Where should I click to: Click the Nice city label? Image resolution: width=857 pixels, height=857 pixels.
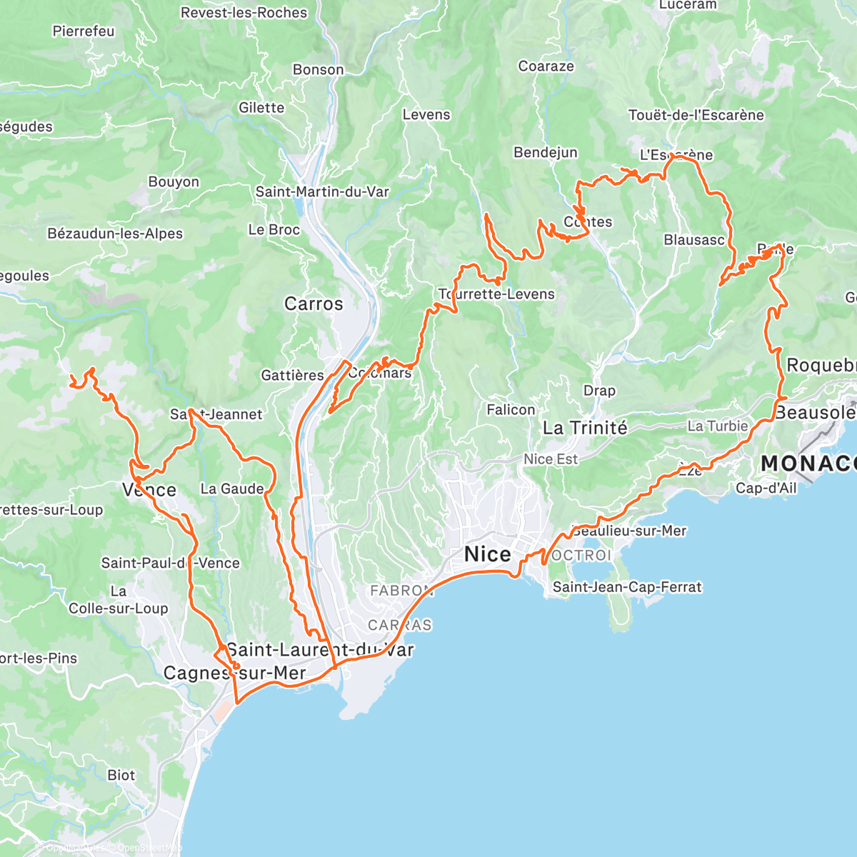pos(487,554)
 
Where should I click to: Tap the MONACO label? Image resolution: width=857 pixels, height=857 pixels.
pos(808,463)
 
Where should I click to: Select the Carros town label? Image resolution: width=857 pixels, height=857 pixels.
pos(314,304)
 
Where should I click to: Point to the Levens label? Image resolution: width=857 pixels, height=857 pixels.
pos(426,115)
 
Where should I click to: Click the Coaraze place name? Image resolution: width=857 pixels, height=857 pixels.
pos(546,66)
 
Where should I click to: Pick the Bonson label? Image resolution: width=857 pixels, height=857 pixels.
pos(318,70)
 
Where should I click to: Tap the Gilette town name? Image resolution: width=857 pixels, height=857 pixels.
pos(261,108)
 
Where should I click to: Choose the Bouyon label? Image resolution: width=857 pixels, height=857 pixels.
pos(174,182)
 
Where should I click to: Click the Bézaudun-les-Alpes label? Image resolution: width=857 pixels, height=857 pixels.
pos(115,234)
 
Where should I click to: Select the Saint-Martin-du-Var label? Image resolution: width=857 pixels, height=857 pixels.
pos(323,192)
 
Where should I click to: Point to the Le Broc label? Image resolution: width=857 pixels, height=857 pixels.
pos(274,230)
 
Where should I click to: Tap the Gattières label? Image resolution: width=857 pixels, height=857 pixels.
pos(292,376)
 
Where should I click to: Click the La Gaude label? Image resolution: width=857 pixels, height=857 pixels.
pos(232,489)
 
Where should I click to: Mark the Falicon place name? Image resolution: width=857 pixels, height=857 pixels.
pos(511,410)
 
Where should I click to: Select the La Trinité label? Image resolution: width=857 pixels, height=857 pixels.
pos(585,428)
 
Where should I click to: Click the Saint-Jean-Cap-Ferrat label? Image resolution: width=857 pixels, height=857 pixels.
pos(627,588)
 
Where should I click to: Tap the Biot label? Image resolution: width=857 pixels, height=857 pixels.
pos(121,776)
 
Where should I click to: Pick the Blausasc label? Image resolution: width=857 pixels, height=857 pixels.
pos(694,240)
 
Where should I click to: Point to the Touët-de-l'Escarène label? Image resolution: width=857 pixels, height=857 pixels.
pos(696,115)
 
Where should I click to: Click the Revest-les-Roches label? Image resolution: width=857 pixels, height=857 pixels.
pos(244,13)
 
